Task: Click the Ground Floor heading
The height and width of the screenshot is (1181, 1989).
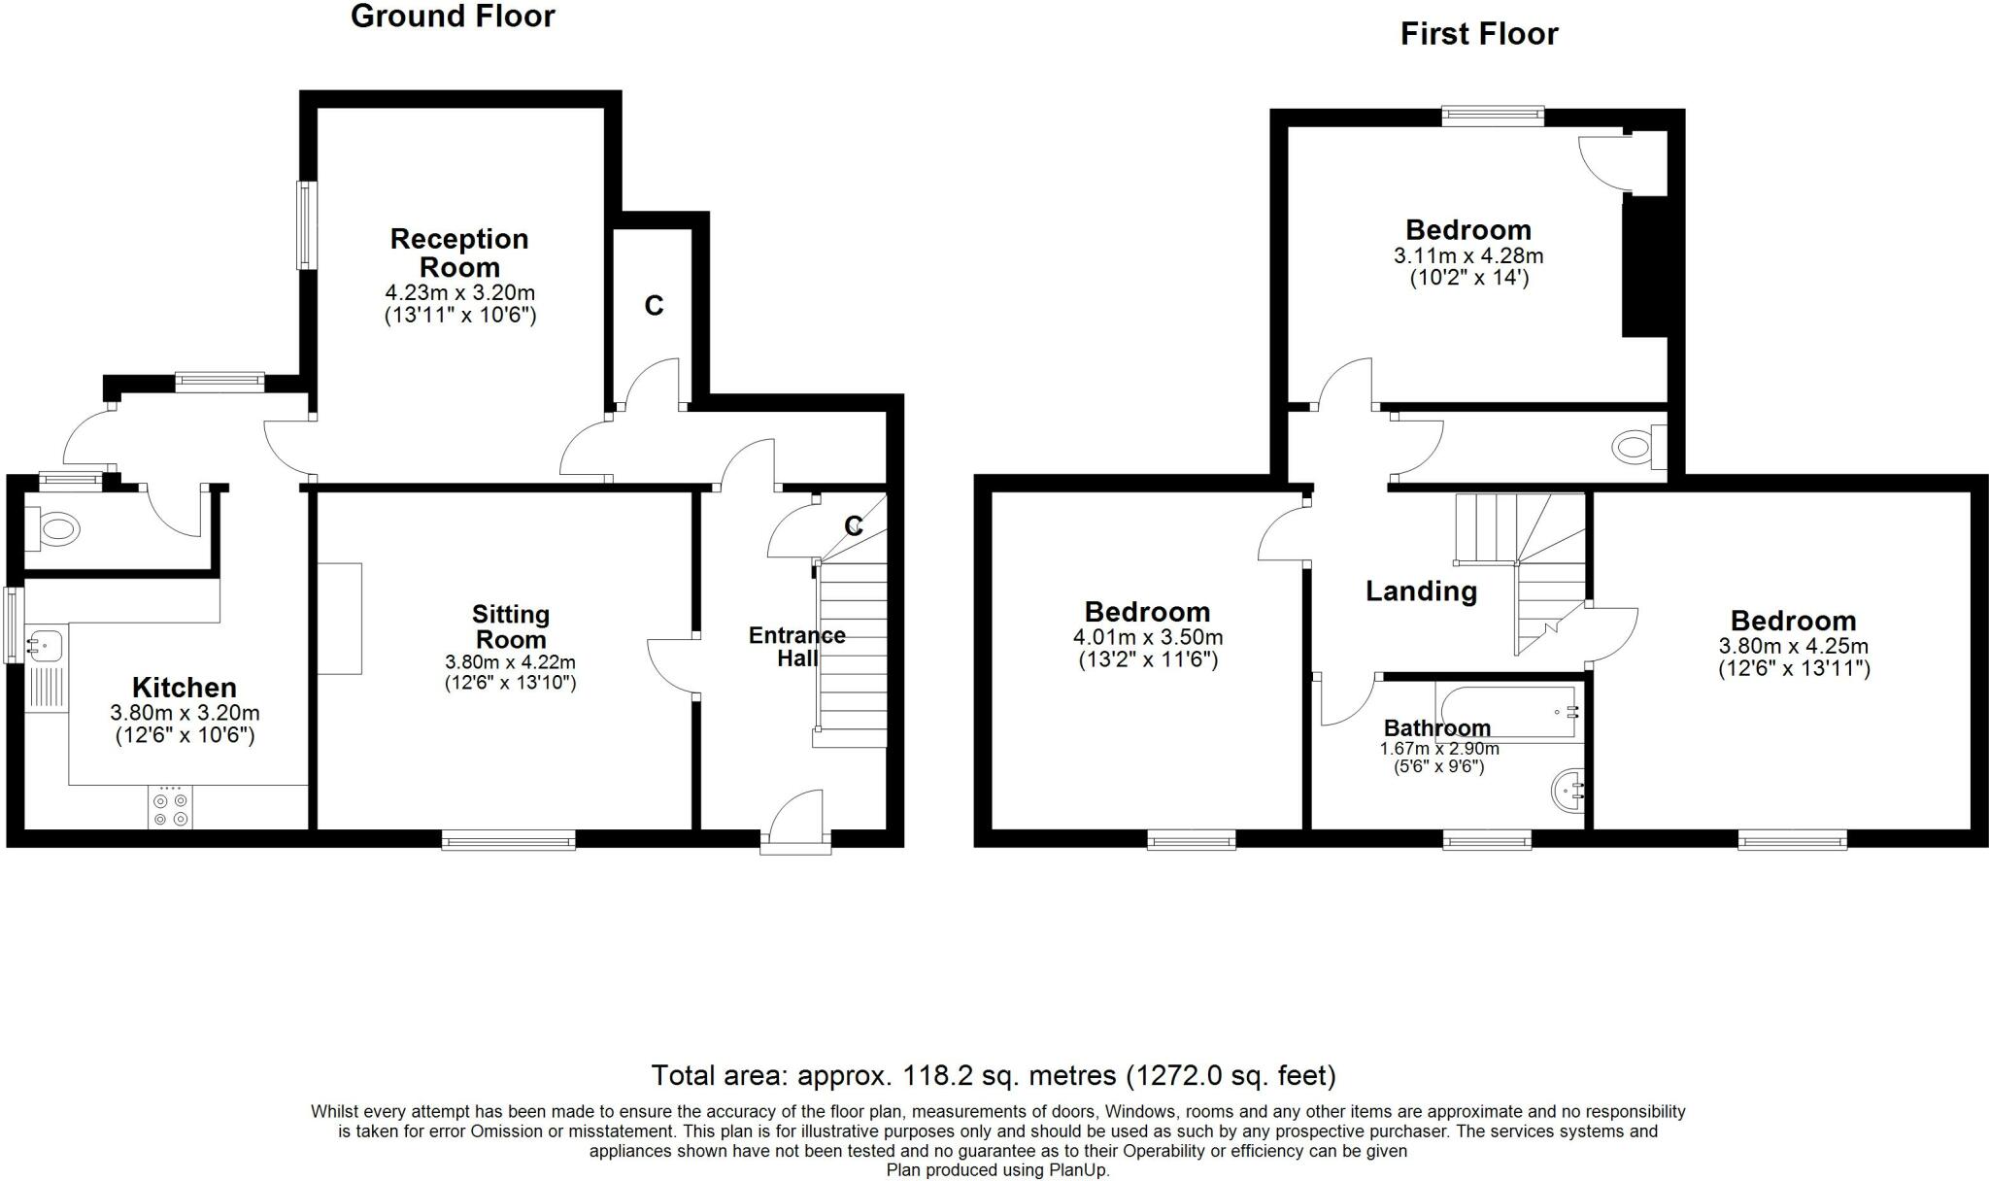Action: (x=453, y=17)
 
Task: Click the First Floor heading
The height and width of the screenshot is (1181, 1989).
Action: (x=1478, y=34)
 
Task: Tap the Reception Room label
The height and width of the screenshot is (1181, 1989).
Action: (x=459, y=253)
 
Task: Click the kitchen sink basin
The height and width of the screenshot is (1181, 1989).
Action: (x=45, y=643)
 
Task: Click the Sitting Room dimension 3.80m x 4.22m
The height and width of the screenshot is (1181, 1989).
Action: (x=510, y=662)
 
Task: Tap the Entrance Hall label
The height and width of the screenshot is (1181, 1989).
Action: (x=796, y=647)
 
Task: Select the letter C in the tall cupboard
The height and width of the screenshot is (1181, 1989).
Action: (x=654, y=306)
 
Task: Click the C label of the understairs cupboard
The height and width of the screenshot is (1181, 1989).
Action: (x=853, y=526)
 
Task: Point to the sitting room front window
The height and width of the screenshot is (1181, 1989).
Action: (x=508, y=840)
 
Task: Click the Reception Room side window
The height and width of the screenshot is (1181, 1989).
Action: (x=305, y=225)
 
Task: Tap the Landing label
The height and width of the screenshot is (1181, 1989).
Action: (x=1421, y=590)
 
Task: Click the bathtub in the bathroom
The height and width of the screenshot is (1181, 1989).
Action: (x=1507, y=713)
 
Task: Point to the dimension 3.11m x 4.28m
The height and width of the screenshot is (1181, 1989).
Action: (x=1467, y=256)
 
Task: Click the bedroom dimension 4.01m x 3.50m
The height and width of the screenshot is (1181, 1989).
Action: (x=1148, y=638)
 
